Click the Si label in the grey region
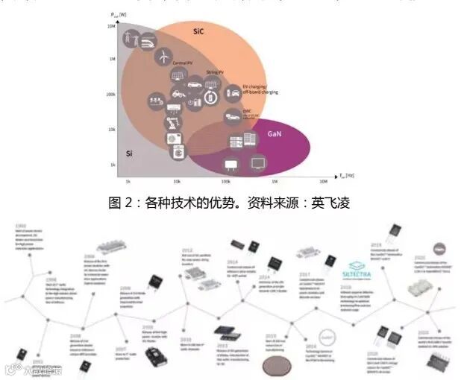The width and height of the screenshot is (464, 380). tap(128, 153)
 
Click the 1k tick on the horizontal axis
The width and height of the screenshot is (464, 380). tap(128, 181)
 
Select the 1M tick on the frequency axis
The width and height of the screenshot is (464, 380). tap(274, 181)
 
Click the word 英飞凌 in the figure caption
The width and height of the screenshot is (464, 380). tap(330, 202)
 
